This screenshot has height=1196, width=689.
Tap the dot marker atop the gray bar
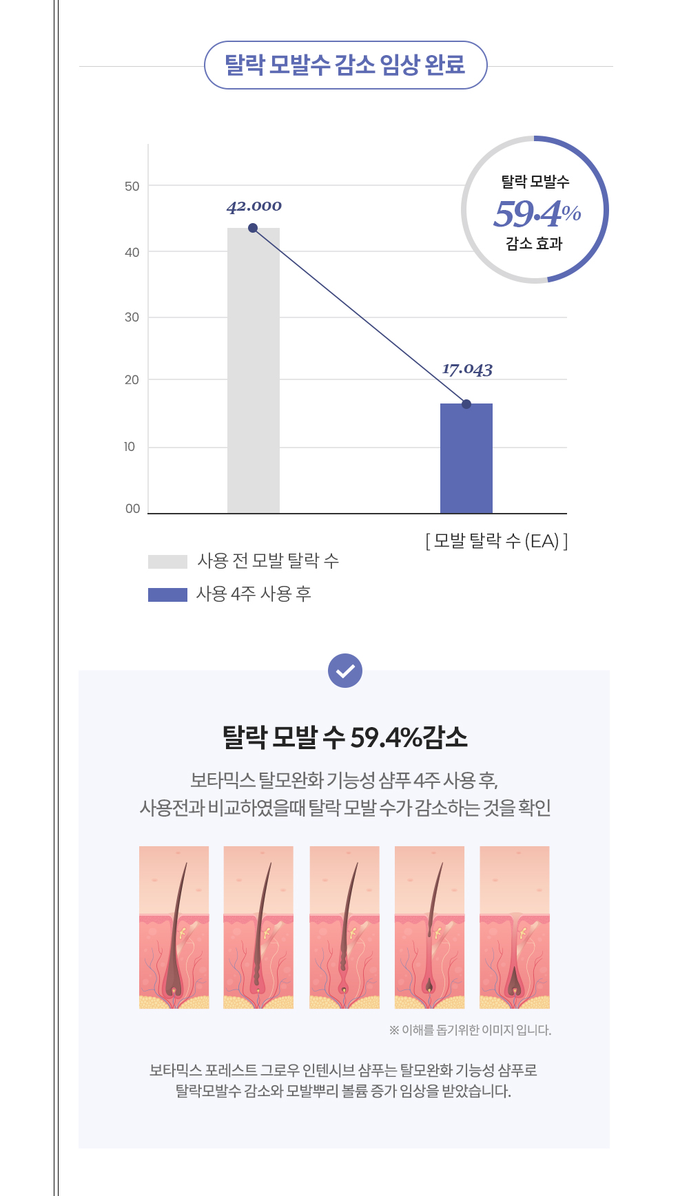253,228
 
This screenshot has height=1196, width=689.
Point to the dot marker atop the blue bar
466,404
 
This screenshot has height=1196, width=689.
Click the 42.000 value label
254,207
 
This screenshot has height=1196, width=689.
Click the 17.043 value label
467,370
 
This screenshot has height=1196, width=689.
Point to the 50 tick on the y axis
132,187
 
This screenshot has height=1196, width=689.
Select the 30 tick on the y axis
132,317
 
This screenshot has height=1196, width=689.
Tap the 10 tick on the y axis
130,447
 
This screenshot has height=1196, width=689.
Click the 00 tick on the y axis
132,509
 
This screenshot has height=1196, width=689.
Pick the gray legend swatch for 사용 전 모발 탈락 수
167,562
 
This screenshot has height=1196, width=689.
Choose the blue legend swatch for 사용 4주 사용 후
167,594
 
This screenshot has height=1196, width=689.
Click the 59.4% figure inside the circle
537,213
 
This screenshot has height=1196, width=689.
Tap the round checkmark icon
345,671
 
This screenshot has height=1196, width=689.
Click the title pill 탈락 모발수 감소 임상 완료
345,65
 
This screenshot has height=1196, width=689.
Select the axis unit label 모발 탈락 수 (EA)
497,541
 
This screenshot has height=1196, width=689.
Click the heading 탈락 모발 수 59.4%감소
344,737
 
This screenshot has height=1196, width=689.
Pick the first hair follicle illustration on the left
174,927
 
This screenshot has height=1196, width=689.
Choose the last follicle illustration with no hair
515,927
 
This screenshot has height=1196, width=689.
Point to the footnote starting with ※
470,1030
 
